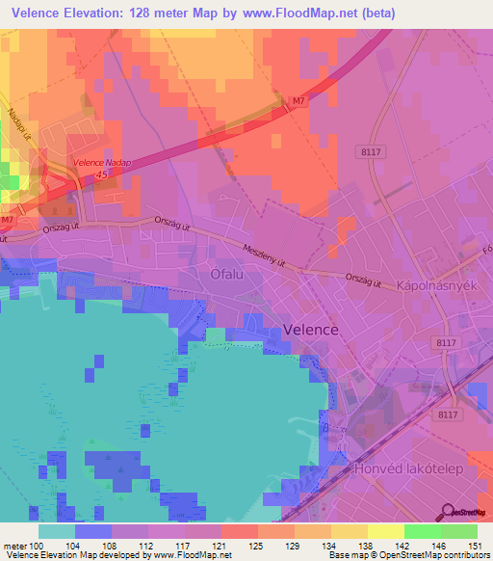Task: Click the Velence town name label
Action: point(311,330)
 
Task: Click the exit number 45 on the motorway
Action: point(102,175)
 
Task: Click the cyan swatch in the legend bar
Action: point(57,530)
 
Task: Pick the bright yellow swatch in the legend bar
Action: point(385,530)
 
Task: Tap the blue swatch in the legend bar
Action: point(93,530)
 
